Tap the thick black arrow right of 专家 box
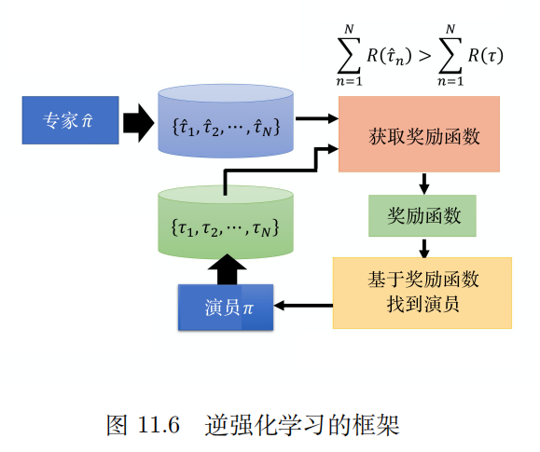(x=137, y=121)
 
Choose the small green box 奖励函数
(x=422, y=216)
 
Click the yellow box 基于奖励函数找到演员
(x=422, y=292)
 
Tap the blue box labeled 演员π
(x=226, y=307)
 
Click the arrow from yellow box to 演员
(x=303, y=305)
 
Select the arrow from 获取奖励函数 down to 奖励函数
(x=424, y=183)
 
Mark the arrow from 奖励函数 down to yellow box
(x=424, y=247)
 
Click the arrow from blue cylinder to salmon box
(x=318, y=118)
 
